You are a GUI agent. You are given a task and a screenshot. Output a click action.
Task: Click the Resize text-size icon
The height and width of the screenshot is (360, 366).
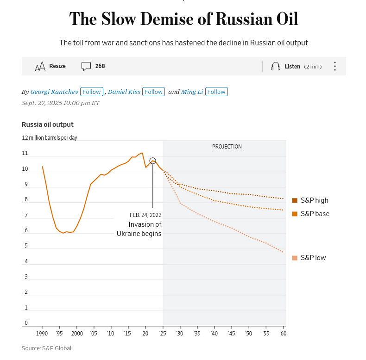[x=40, y=66]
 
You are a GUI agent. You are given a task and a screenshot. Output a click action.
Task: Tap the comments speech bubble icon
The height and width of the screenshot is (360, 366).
[x=86, y=66]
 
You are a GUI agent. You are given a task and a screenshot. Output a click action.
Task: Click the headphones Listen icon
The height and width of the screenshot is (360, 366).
[x=276, y=66]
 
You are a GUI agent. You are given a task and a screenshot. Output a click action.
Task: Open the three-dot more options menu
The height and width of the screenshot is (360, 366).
[x=334, y=66]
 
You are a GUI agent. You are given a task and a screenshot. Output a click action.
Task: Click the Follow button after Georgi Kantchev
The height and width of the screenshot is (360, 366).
[x=92, y=92]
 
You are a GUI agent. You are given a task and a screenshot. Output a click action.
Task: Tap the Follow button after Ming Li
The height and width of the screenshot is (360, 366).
[x=216, y=92]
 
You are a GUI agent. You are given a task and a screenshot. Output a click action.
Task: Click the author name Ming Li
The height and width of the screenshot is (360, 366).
[x=192, y=92]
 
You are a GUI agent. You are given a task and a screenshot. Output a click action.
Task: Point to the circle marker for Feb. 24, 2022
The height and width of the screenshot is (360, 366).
[x=153, y=161]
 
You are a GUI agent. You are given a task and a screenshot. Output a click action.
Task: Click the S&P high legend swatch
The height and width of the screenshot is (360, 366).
[x=295, y=200]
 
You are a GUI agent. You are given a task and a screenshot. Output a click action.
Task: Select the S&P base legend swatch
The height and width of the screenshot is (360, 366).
[x=295, y=214]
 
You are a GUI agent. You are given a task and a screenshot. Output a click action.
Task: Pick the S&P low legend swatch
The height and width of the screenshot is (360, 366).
[x=295, y=258]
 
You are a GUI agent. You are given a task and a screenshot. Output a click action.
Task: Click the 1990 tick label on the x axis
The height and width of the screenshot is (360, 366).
[x=42, y=333]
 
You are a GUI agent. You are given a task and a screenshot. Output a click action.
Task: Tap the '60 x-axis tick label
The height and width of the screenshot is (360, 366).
[x=282, y=333]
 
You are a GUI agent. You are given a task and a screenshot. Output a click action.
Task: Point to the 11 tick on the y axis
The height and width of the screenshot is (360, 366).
[x=25, y=153]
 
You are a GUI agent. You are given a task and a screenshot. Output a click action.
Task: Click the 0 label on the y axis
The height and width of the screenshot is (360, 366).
[x=26, y=323]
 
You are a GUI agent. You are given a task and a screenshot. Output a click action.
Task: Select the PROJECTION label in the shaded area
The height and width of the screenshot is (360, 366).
[x=227, y=147]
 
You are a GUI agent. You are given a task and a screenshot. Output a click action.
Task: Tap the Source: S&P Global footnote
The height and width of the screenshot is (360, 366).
[x=46, y=348]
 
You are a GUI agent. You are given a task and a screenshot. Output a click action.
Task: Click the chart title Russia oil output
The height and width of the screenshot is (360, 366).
[x=48, y=124]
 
